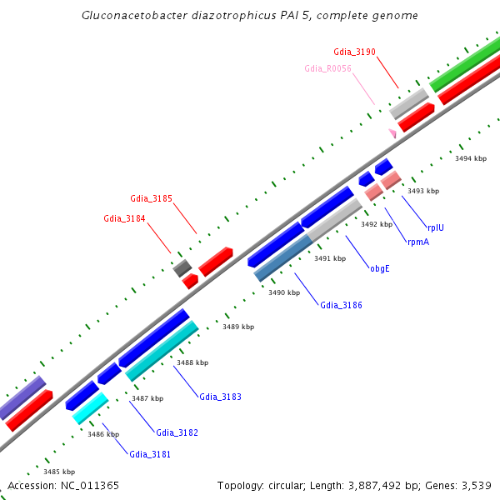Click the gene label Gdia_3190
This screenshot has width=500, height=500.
point(354,52)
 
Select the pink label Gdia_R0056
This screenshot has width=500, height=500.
point(327,68)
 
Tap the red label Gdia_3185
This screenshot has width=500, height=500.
point(151,198)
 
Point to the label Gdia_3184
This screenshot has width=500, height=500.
point(124,218)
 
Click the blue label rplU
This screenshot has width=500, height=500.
point(436,227)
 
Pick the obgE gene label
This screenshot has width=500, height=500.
point(379,268)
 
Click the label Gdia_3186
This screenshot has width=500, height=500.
point(341,305)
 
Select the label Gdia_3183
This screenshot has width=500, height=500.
point(220,397)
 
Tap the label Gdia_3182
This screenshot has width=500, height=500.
point(177,432)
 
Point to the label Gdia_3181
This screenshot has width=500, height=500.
point(150,453)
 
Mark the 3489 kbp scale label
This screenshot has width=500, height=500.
point(238,327)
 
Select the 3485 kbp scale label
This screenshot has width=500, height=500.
point(59,472)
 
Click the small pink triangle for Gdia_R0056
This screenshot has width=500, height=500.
point(392,133)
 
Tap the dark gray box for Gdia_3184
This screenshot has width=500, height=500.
point(182,267)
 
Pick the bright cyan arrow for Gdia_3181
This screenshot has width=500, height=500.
point(90,408)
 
